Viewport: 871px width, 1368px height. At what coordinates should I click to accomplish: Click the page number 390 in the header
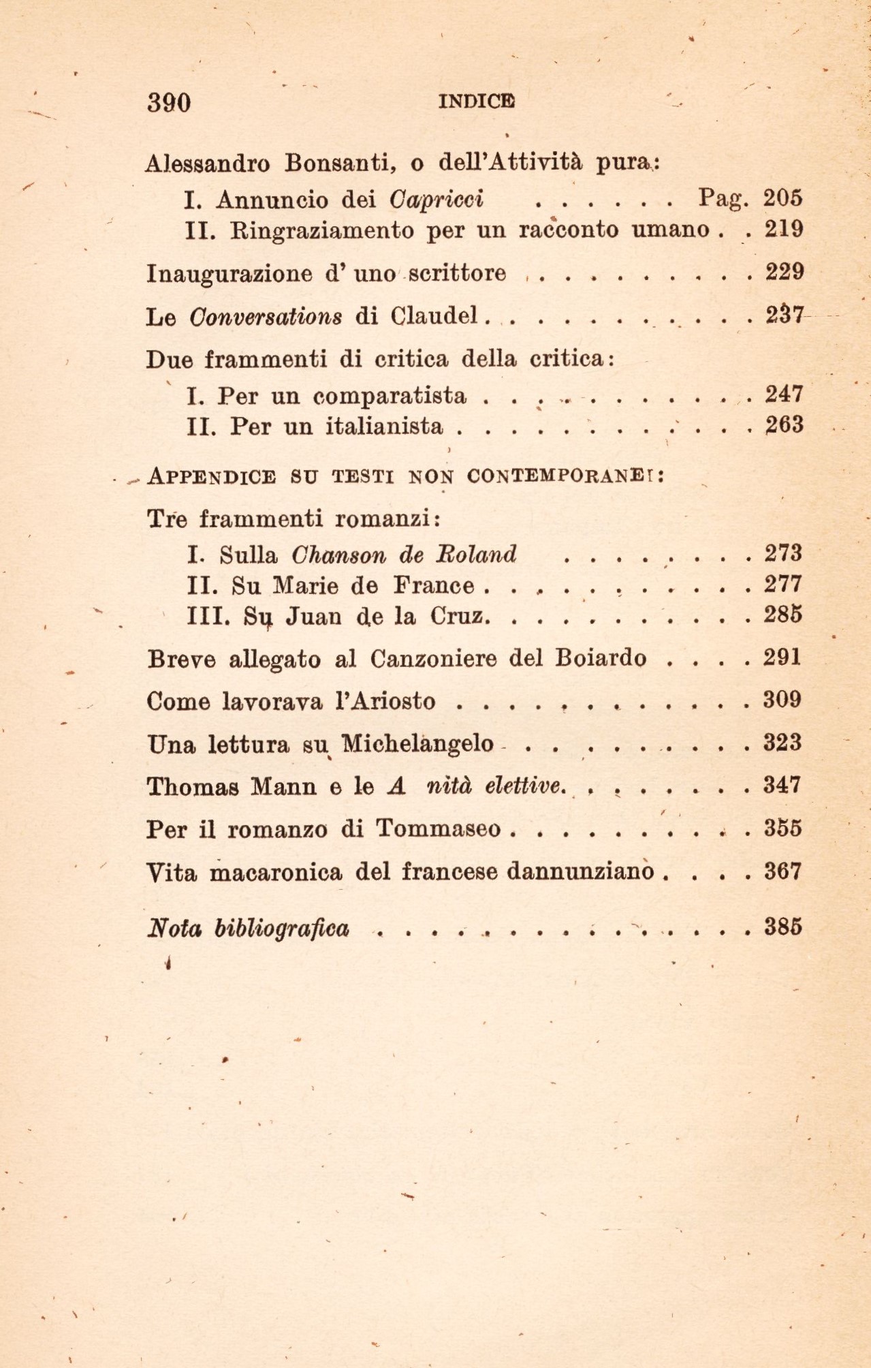pos(169,102)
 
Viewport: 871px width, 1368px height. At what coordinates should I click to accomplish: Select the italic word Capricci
pos(437,199)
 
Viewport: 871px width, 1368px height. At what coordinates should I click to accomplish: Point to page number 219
pos(784,229)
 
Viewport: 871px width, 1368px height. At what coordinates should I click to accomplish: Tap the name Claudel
pos(434,317)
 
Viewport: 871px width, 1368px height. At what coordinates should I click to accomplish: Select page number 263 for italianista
pos(784,426)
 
